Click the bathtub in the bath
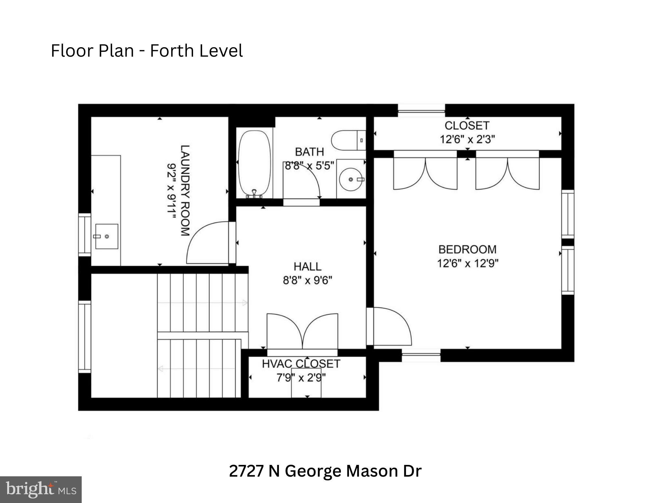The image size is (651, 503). [254, 163]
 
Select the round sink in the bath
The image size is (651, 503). [351, 179]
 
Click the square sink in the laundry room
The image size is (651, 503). [106, 236]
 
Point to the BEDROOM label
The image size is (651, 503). [467, 249]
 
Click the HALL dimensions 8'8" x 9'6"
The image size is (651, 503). [307, 280]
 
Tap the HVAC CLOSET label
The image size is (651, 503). [301, 364]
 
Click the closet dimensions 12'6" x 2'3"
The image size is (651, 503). [467, 139]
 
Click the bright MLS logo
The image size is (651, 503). [41, 489]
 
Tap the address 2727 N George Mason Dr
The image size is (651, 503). [325, 471]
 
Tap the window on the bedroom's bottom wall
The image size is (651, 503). [421, 355]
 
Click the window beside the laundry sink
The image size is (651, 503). [85, 234]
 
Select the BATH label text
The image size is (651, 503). [309, 152]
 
